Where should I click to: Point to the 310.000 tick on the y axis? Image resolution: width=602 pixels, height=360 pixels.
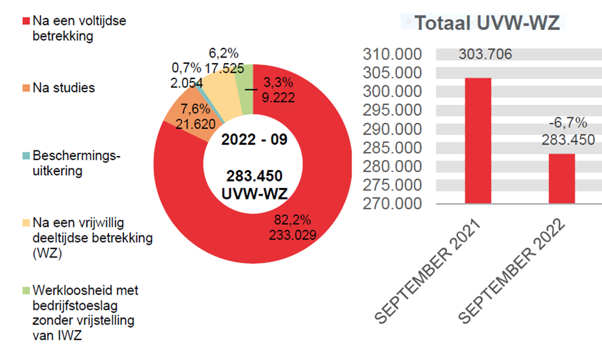[393, 54]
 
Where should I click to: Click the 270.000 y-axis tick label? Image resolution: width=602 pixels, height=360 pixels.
[393, 204]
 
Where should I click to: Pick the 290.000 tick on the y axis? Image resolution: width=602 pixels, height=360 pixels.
[393, 129]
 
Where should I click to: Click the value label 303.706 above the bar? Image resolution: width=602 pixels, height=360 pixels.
[485, 54]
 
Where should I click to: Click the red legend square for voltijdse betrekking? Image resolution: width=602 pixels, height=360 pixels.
[26, 21]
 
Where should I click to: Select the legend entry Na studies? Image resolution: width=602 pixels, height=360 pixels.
[63, 88]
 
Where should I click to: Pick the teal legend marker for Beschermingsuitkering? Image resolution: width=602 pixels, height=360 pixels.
[26, 155]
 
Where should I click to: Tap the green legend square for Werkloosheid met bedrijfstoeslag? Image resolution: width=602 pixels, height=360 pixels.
[26, 291]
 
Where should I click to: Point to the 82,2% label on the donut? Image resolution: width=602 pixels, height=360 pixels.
[292, 220]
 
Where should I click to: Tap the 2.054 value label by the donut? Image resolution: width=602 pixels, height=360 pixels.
[186, 82]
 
